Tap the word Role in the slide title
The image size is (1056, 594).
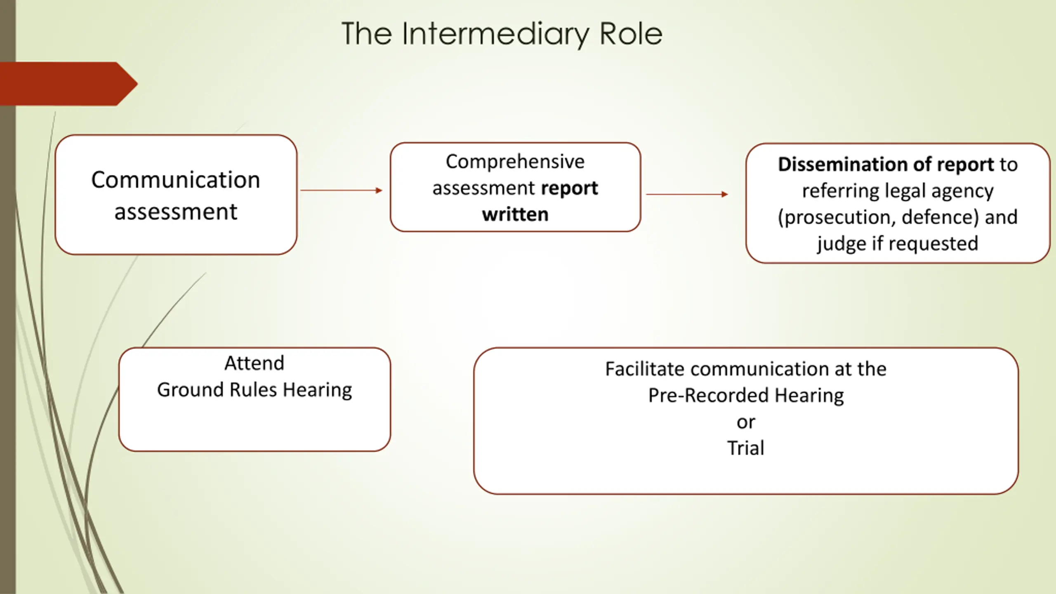tap(631, 33)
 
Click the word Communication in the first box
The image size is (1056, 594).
tap(176, 180)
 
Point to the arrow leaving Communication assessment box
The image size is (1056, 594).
tap(342, 190)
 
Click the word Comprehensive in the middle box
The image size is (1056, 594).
tap(515, 162)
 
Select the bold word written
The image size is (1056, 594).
tap(515, 214)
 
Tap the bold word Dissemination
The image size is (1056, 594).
tap(843, 164)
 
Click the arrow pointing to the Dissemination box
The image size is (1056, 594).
tap(687, 194)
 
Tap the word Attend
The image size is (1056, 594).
tap(255, 363)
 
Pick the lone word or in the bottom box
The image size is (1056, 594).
tap(746, 422)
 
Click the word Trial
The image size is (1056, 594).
tap(746, 448)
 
